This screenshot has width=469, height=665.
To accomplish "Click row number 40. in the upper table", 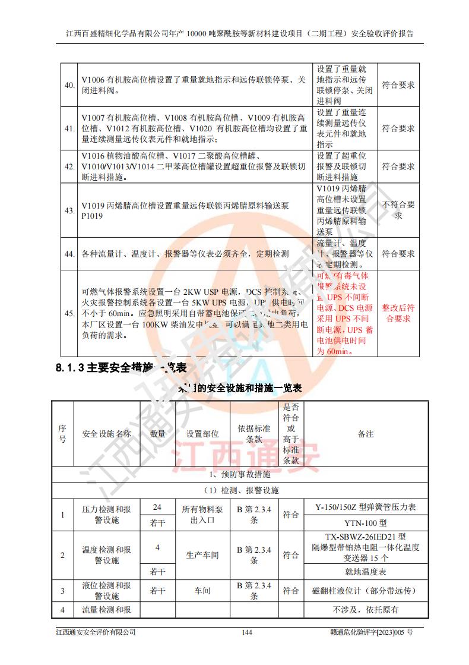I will pyautogui.click(x=69, y=85).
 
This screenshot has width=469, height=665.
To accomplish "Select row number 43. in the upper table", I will pyautogui.click(x=69, y=210).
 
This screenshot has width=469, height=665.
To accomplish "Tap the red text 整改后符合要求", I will pyautogui.click(x=398, y=313).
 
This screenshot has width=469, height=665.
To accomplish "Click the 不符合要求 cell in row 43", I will pyautogui.click(x=398, y=210).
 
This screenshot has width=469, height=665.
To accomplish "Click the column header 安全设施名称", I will pyautogui.click(x=106, y=434).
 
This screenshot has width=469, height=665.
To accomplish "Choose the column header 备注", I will pyautogui.click(x=365, y=434).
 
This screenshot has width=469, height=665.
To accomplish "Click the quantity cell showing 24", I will pyautogui.click(x=157, y=507).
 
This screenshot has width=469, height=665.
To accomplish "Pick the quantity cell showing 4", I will pyautogui.click(x=157, y=547).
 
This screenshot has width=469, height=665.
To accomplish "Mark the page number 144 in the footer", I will pyautogui.click(x=248, y=632).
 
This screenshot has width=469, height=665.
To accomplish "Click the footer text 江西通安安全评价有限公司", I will pyautogui.click(x=96, y=632).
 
